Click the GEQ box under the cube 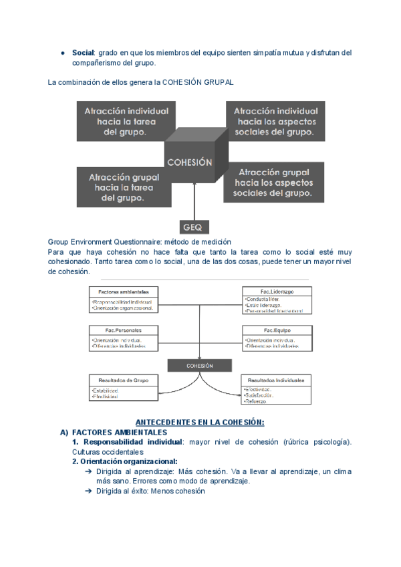(196, 226)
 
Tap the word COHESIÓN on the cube (189, 162)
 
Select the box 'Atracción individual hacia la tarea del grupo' (126, 121)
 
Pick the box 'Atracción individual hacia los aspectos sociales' (275, 121)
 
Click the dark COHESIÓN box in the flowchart (199, 366)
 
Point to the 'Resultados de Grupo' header (123, 380)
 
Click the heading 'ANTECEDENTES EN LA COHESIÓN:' (200, 423)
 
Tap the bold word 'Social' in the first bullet (84, 53)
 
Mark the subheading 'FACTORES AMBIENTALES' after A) (119, 433)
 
